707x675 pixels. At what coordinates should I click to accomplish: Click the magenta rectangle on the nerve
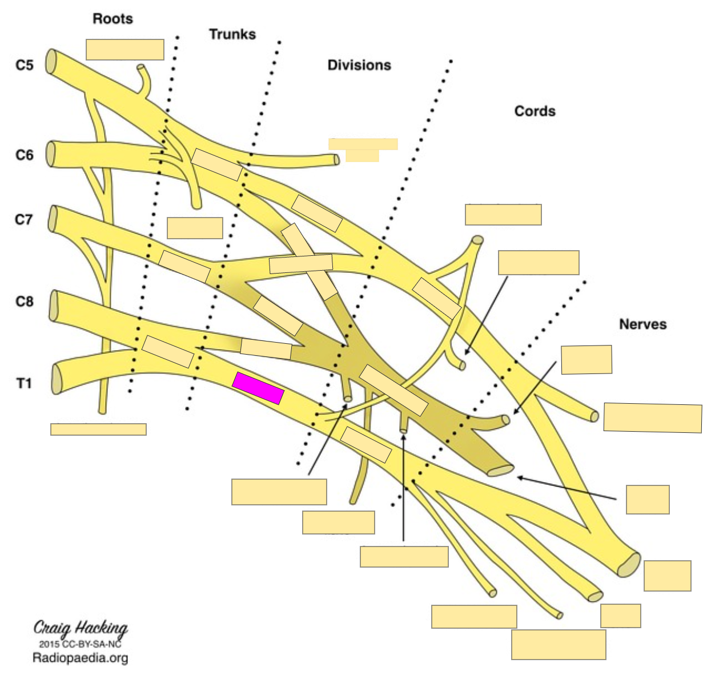[258, 388]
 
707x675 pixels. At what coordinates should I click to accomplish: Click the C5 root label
[25, 65]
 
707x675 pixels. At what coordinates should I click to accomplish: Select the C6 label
[25, 155]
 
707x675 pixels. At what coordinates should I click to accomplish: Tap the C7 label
[24, 219]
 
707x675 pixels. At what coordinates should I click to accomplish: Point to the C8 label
[25, 302]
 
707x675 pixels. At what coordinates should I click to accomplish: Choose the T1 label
[24, 383]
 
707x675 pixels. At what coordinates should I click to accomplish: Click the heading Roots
[113, 19]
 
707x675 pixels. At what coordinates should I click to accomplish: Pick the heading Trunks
[232, 34]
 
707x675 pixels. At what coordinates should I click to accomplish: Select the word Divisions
[359, 65]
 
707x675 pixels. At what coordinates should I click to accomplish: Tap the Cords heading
[535, 111]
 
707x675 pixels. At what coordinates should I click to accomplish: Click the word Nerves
[642, 324]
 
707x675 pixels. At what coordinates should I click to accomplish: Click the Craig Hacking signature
[81, 628]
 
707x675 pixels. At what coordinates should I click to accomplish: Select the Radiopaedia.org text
[81, 658]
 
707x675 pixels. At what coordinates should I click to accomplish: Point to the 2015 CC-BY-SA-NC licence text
[81, 644]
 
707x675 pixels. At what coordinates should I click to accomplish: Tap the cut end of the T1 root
[56, 379]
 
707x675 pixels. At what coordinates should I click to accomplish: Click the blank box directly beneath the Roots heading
[125, 50]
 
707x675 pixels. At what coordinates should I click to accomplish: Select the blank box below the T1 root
[98, 429]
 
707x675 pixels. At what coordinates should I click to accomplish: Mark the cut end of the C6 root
[50, 154]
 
